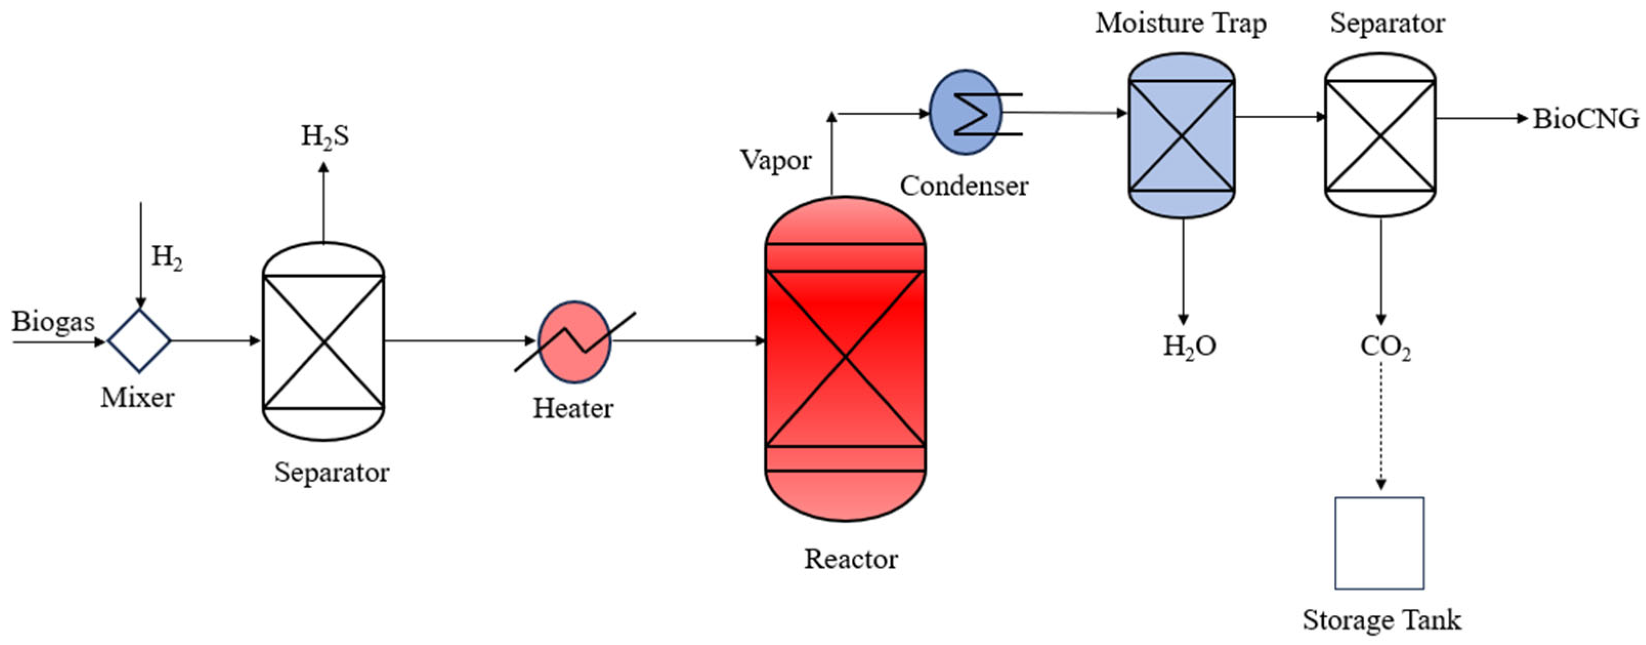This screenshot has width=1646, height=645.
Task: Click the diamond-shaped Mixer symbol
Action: [x=139, y=341]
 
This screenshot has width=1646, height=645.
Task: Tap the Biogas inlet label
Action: [x=53, y=322]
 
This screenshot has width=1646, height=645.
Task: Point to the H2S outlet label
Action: [x=325, y=136]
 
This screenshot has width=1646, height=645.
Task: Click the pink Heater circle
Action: [x=574, y=342]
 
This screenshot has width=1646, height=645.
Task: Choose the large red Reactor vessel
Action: [x=845, y=358]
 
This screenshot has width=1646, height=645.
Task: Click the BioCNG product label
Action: [x=1585, y=119]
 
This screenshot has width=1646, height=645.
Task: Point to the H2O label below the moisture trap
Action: [x=1188, y=346]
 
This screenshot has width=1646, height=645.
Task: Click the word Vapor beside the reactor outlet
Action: [x=776, y=160]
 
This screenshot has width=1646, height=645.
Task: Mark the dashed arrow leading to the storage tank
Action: [x=1381, y=434]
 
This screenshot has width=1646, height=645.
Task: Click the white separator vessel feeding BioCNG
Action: [x=1380, y=136]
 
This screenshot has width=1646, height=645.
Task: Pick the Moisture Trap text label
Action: [x=1180, y=24]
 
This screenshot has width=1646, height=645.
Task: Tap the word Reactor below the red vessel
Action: [x=850, y=559]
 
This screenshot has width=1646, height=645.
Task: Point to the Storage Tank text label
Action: [x=1381, y=620]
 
